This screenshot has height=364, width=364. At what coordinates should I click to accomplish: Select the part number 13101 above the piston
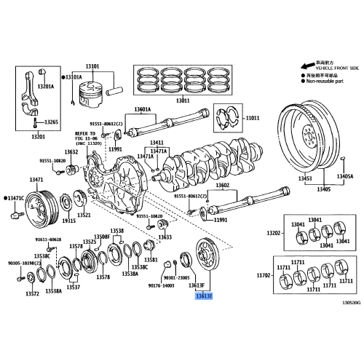(94, 68)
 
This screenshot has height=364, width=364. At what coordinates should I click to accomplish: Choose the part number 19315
(68, 219)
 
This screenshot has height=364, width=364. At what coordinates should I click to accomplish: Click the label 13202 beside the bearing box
(273, 233)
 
